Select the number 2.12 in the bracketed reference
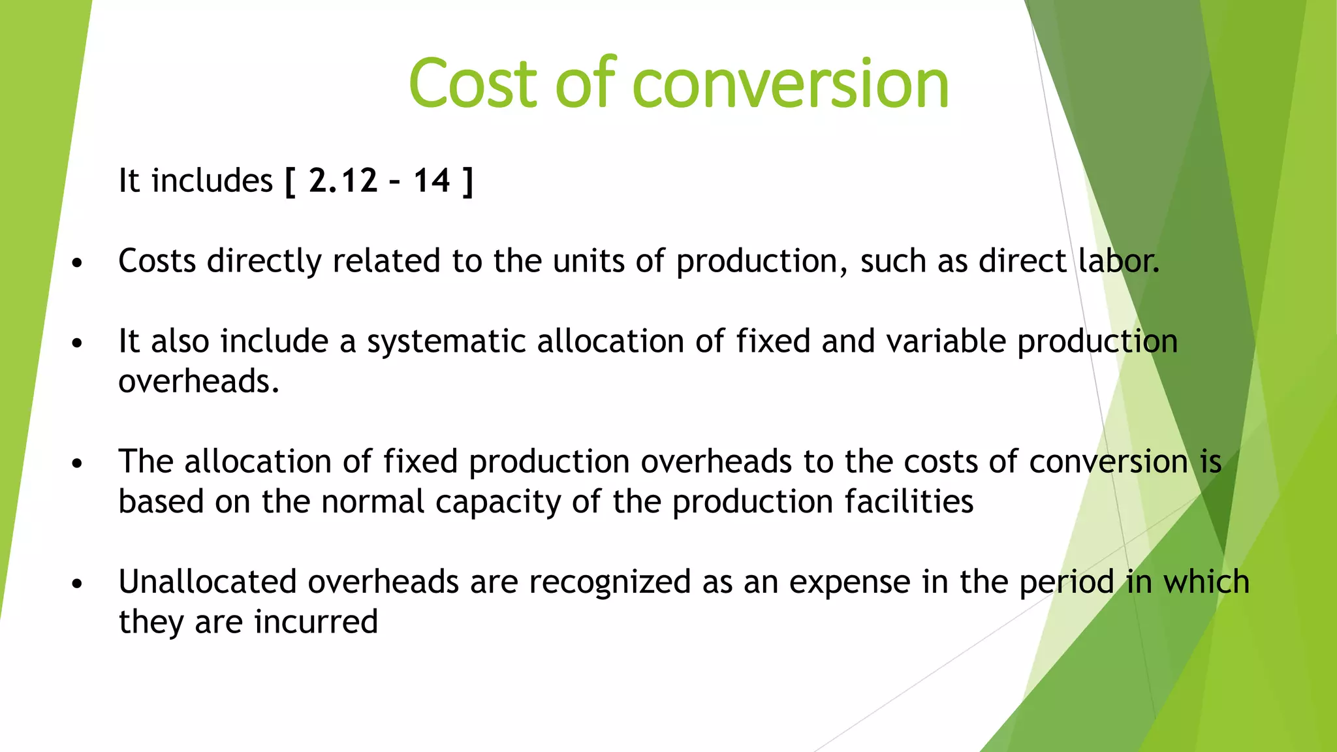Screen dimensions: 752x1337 pos(343,180)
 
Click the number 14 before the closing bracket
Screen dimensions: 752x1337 pos(431,180)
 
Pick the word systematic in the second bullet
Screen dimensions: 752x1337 pos(446,342)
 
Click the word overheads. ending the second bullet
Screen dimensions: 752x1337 pos(198,381)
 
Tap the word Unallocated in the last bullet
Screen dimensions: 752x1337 pos(208,582)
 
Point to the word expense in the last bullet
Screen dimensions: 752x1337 pos(849,583)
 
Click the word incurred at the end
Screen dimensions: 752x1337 pos(316,621)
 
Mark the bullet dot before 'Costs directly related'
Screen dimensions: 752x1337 pos(78,263)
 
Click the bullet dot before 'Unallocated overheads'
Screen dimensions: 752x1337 pos(78,584)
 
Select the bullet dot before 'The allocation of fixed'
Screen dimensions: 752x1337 pos(78,463)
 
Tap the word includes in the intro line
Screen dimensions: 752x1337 pos(212,180)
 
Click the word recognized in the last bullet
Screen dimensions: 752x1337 pos(610,583)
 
